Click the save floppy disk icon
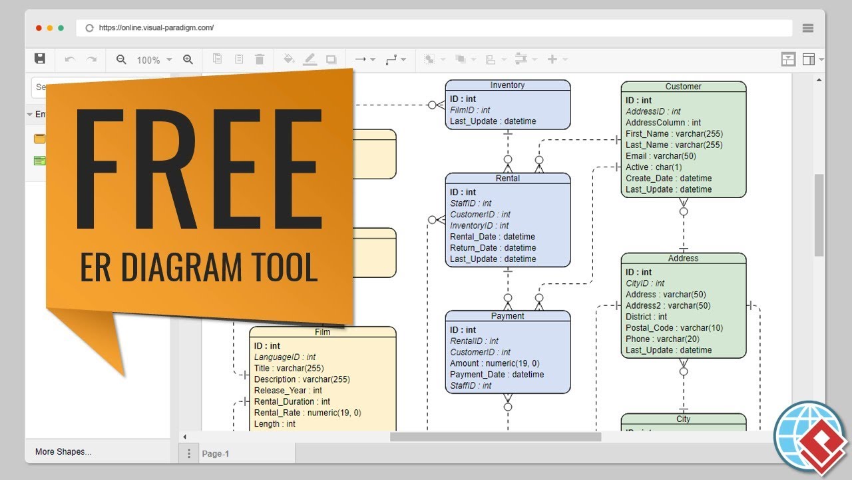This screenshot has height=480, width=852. [x=40, y=59]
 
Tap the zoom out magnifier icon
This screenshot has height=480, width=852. [x=121, y=59]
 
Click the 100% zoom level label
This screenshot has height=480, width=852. [x=148, y=60]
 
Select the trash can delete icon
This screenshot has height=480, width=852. [x=260, y=59]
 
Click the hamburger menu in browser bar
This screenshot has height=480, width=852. [x=808, y=28]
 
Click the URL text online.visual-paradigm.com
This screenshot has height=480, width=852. [x=156, y=28]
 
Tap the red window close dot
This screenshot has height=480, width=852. [x=39, y=28]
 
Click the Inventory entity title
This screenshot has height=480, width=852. [x=507, y=85]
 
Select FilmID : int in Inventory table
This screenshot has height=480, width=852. [x=470, y=110]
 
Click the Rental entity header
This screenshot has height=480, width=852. [x=507, y=179]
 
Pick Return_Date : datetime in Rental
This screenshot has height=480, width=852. [x=493, y=248]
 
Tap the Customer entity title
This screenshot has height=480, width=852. [x=683, y=87]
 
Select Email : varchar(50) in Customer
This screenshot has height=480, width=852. [x=660, y=156]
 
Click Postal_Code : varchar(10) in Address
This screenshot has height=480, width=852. [x=674, y=328]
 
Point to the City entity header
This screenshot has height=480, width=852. [x=683, y=419]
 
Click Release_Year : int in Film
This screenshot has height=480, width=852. [x=288, y=391]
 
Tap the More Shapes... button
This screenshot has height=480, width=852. [x=63, y=452]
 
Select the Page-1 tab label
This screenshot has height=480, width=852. [x=216, y=454]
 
